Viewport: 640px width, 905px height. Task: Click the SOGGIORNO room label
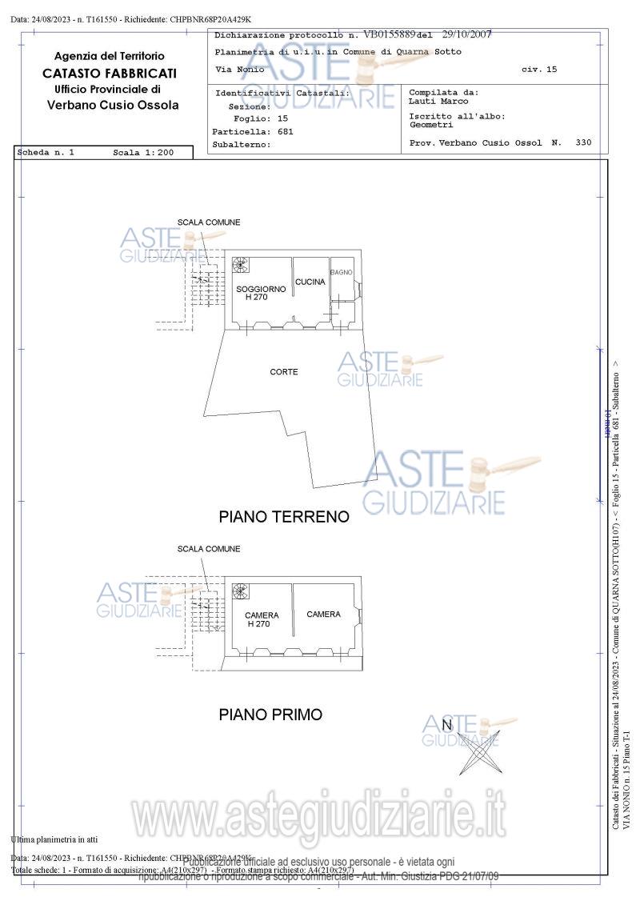pos(260,289)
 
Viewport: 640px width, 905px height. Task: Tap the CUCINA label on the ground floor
pos(310,282)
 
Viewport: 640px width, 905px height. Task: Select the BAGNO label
pos(342,273)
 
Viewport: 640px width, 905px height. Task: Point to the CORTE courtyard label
pos(284,372)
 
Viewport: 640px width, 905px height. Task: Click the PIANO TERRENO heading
pos(284,517)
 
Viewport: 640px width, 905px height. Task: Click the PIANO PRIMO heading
pos(270,715)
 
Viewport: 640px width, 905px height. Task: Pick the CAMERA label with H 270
pos(262,615)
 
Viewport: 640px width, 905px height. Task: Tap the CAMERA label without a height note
pos(323,615)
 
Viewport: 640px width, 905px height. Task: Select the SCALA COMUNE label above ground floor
pos(209,222)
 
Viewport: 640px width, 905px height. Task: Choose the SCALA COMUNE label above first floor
pos(209,549)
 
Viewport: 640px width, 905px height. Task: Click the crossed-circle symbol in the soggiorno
pos(240,265)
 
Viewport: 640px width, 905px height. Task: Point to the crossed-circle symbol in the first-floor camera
pos(239,591)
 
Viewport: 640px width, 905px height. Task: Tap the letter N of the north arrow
pos(448,726)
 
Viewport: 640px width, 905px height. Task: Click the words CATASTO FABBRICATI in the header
pos(110,73)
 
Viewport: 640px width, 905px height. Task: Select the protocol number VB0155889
pos(390,35)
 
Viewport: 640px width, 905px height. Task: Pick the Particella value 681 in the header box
pos(286,131)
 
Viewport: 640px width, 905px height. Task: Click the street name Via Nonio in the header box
pos(234,70)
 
